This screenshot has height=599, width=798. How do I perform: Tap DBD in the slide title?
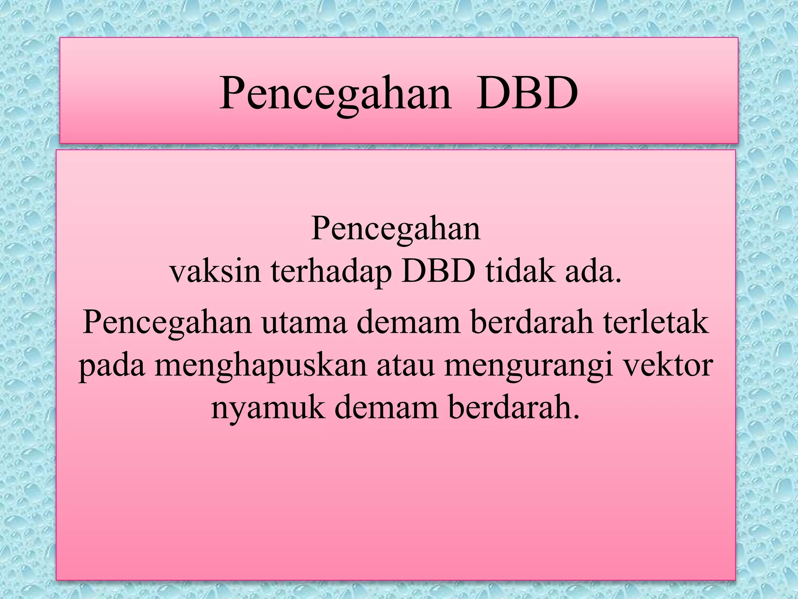click(x=527, y=94)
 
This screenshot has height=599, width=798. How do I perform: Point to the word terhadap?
click(x=331, y=272)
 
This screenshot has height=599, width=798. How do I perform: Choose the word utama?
click(x=304, y=323)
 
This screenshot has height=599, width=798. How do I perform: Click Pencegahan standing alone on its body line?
click(x=396, y=229)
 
